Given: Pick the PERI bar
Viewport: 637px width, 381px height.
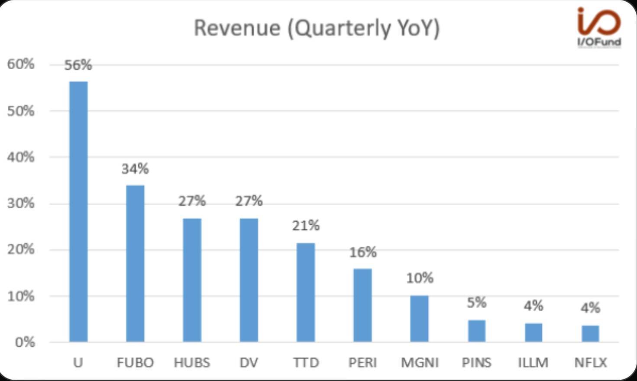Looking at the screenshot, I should click(362, 305).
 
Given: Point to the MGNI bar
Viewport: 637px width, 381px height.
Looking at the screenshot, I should click(419, 319).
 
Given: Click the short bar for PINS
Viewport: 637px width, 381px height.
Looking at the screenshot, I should click(476, 331).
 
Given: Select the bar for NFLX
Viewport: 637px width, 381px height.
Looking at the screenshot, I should click(590, 333).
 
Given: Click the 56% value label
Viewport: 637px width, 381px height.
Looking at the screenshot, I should click(78, 65).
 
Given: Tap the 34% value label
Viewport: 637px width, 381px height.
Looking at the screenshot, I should click(135, 169).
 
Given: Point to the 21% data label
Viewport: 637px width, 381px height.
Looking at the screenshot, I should click(306, 226).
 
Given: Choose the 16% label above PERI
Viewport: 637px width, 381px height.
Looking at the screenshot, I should click(363, 252).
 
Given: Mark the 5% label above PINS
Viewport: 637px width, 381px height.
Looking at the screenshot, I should click(476, 303).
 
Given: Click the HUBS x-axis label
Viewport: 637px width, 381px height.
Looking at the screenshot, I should click(192, 362).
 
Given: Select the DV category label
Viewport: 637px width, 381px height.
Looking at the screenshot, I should click(249, 362).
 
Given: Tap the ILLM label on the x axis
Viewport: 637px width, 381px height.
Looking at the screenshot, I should click(533, 362).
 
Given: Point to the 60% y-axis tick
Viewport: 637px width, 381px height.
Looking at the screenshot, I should click(20, 65).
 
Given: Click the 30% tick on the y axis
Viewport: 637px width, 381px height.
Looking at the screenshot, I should click(20, 203).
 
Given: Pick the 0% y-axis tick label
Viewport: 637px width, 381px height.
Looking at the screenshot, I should click(24, 342).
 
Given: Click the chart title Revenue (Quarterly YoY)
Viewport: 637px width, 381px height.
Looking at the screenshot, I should click(317, 28).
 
